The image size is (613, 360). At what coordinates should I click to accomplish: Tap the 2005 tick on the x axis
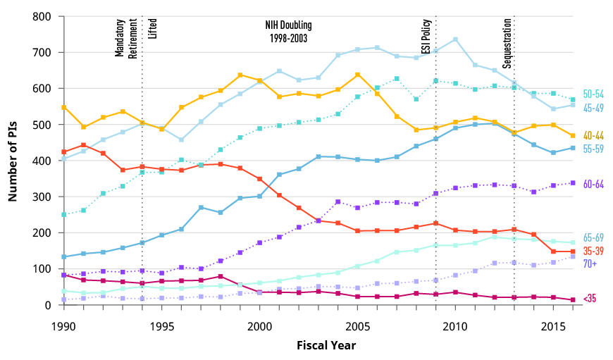(358, 327)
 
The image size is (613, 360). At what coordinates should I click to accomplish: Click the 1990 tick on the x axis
(63, 327)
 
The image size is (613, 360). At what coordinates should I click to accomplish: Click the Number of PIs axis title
(13, 161)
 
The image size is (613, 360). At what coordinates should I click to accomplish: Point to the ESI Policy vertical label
(426, 39)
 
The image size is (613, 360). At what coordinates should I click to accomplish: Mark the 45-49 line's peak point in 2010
(455, 39)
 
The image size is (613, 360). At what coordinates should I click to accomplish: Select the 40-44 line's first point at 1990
(63, 108)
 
